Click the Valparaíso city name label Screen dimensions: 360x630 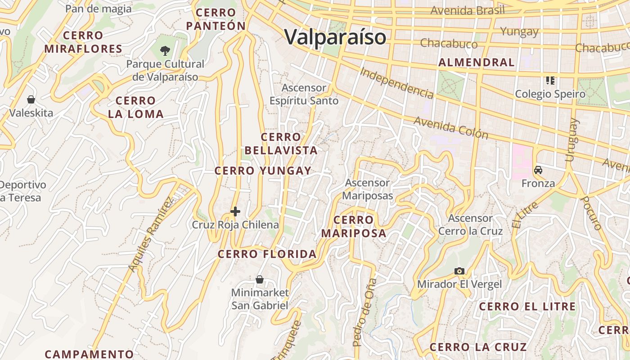click(335, 37)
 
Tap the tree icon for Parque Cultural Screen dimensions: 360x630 click(165, 50)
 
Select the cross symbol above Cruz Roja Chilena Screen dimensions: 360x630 click(235, 211)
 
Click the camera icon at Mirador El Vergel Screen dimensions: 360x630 click(459, 271)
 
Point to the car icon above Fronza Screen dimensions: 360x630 click(538, 170)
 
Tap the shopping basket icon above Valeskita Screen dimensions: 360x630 click(31, 99)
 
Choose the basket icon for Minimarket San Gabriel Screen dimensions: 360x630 click(260, 279)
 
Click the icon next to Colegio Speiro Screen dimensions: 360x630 click(550, 81)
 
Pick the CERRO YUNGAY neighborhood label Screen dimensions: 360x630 click(263, 171)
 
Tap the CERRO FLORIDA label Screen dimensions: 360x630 click(267, 254)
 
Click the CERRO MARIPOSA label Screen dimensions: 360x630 click(354, 227)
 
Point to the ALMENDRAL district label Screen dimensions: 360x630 click(476, 63)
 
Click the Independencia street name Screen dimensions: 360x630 click(397, 83)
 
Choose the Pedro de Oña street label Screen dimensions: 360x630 click(364, 312)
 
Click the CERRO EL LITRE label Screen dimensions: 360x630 click(527, 307)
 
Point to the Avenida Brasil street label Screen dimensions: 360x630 click(468, 10)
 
